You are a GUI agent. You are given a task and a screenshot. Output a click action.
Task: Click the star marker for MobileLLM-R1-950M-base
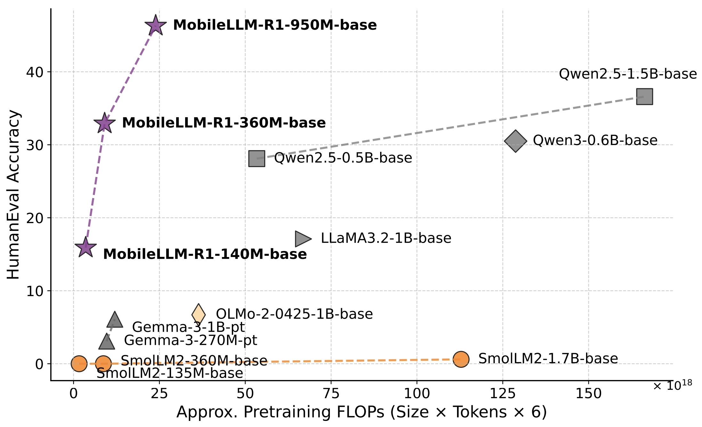pos(156,26)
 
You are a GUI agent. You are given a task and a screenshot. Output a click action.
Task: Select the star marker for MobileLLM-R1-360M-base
pos(104,123)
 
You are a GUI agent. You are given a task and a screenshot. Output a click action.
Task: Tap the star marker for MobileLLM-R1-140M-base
pos(86,247)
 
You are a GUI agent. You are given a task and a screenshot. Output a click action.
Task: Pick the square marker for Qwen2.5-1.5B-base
pos(644,97)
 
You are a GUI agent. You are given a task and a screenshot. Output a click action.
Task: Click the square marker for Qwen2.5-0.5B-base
pos(257,158)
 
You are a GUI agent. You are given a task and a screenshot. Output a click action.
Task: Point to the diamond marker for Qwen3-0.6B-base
pos(515,141)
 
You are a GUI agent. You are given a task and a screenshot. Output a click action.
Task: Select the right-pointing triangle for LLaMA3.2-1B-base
pos(302,239)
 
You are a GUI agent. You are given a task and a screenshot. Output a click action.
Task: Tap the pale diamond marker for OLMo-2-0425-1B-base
pos(199,315)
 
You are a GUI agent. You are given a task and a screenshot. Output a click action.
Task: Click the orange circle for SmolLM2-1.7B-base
pos(461,359)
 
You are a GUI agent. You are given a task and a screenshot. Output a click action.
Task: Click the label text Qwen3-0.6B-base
pos(595,141)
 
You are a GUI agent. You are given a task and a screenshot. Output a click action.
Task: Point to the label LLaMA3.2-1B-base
pos(386,238)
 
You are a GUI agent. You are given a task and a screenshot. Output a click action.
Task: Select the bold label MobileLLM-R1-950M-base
pos(275,25)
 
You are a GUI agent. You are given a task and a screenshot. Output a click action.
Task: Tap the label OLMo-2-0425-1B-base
pos(294,314)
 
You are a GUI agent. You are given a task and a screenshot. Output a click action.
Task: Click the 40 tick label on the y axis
pos(35,72)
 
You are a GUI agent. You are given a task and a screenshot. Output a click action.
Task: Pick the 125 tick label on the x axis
pos(502,393)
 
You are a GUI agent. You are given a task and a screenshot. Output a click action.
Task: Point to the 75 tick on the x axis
pos(331,393)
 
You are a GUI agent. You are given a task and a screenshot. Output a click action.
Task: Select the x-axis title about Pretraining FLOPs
pos(362,412)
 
